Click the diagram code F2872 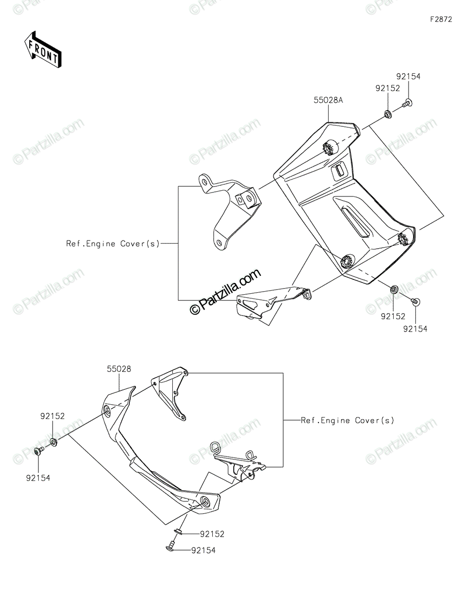(441, 19)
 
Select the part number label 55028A (328, 100)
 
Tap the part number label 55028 (119, 369)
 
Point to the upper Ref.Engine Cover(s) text (113, 244)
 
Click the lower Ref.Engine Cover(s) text (347, 421)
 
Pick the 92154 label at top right (408, 76)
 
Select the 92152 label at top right (388, 89)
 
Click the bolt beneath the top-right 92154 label (406, 103)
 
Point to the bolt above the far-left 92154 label (39, 451)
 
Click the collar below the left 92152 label (54, 442)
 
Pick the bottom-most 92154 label (203, 550)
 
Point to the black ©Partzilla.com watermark (225, 291)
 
